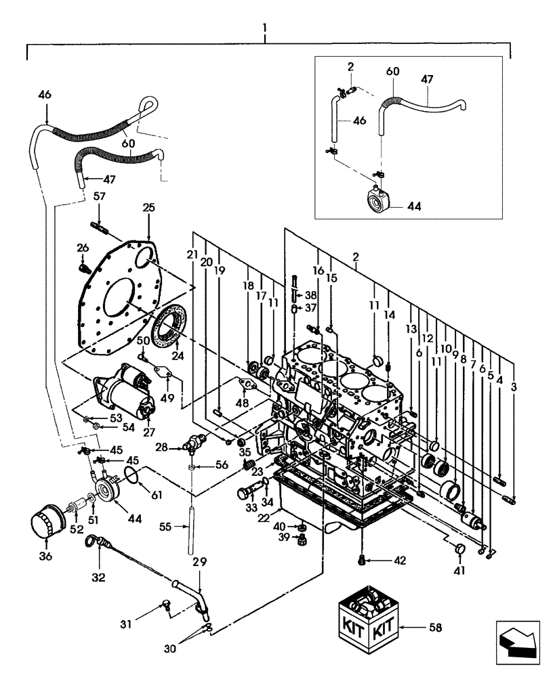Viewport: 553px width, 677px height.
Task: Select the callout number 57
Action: tap(100, 196)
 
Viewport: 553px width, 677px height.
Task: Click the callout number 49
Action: tap(167, 398)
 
